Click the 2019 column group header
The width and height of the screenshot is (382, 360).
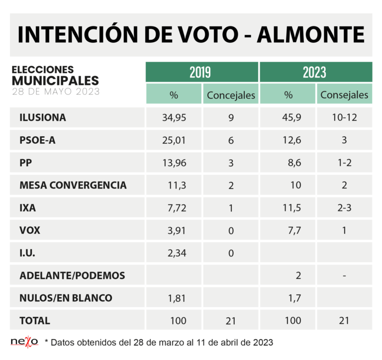(201, 72)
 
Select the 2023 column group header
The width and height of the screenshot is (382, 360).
(315, 72)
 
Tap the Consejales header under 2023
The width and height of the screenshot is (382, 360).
(344, 94)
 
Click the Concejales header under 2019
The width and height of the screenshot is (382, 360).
(230, 94)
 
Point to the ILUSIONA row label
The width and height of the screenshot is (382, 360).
(42, 118)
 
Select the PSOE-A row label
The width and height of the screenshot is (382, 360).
(37, 140)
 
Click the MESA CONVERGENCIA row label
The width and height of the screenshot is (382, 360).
(73, 185)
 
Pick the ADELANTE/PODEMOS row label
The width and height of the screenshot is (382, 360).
(72, 275)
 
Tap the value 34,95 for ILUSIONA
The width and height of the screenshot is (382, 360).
(174, 118)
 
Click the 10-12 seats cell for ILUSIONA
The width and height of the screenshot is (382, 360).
(344, 118)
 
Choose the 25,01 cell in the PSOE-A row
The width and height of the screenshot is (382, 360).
(174, 140)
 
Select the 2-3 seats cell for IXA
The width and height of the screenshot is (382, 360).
(344, 208)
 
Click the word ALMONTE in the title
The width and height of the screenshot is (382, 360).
(310, 35)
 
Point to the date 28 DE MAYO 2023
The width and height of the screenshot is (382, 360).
(56, 91)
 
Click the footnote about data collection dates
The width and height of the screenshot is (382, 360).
(159, 342)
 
